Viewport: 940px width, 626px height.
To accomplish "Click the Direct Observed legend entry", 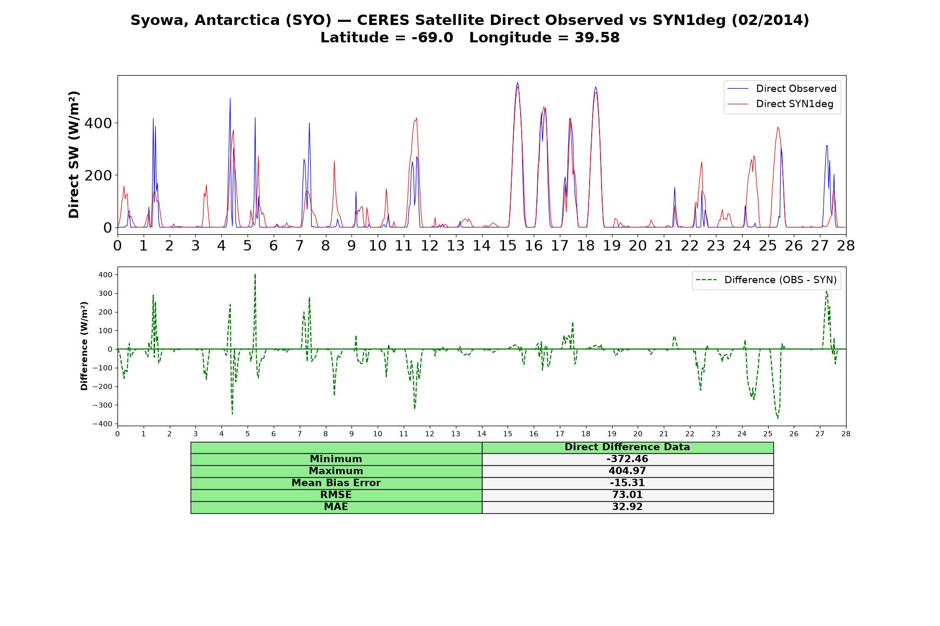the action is (782, 89).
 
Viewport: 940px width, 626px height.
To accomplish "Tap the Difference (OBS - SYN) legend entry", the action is (766, 280).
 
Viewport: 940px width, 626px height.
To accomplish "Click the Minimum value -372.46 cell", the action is (627, 459).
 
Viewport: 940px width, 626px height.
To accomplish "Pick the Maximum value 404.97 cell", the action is (627, 471).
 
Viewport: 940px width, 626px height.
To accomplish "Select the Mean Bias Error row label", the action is (336, 483).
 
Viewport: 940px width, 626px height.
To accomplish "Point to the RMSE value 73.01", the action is (627, 495).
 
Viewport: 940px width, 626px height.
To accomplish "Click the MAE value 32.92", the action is (627, 507).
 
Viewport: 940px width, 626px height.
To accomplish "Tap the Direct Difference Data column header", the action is (627, 447).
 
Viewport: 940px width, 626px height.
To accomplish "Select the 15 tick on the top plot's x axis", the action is (508, 245).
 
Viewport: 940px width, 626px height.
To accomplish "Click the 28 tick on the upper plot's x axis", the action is (846, 245).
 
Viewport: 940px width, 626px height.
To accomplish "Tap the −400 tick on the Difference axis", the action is (102, 424).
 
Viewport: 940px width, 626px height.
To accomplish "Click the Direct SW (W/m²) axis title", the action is (74, 155).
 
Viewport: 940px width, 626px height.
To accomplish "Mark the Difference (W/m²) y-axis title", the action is (84, 346).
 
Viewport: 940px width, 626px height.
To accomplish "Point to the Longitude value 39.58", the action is (597, 38).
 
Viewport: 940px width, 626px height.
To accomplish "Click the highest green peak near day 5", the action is (255, 274).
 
